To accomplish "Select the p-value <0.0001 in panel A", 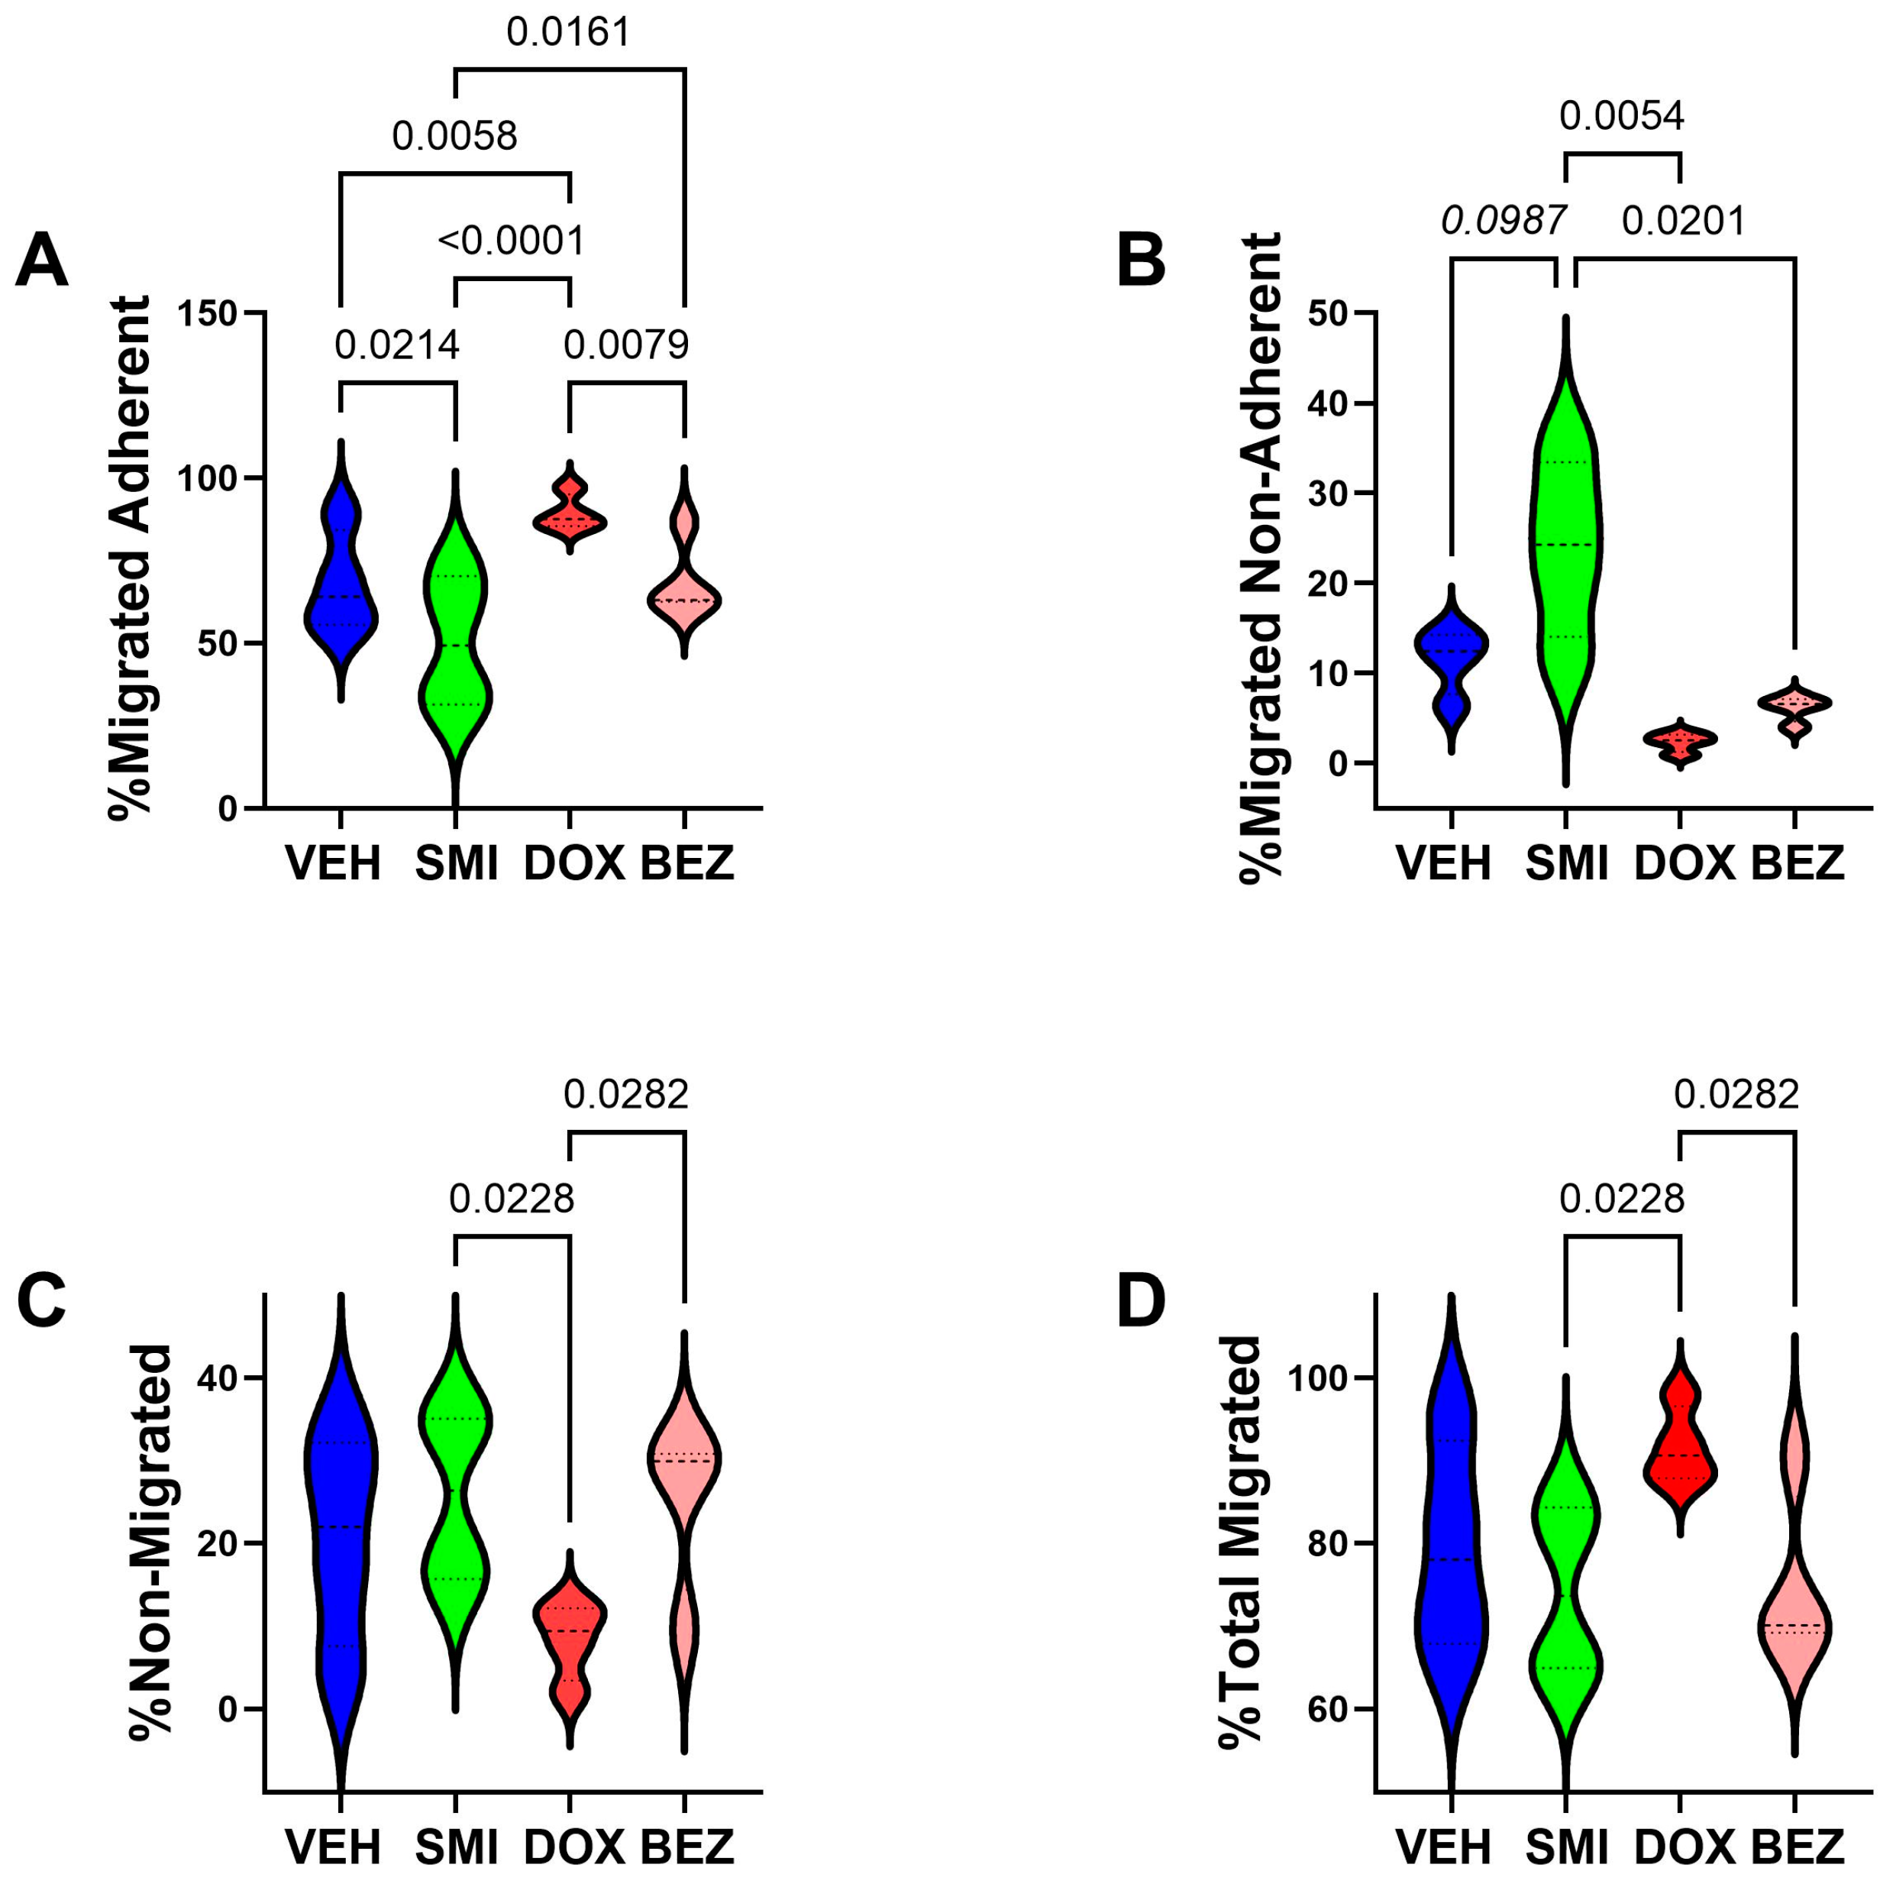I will point(512,241).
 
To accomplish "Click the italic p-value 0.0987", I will point(1503,221).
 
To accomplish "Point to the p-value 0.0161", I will point(568,32).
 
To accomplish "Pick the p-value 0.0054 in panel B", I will point(1621,116).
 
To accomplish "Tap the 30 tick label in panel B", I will point(1329,494).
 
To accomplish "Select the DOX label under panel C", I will point(574,1847).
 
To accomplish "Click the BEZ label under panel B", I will point(1797,863).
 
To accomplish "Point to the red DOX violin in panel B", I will point(1680,742).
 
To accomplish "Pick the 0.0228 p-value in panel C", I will point(512,1199).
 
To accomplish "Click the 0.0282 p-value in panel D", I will point(1736,1094).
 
